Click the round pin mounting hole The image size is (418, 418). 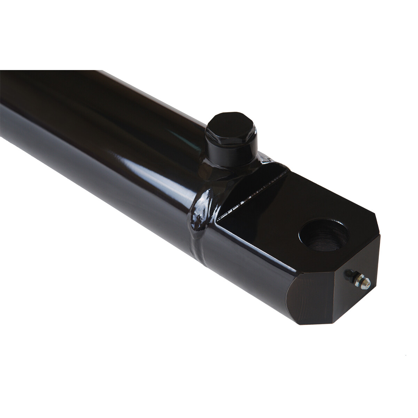point(324,237)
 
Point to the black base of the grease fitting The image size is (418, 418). point(347,275)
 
